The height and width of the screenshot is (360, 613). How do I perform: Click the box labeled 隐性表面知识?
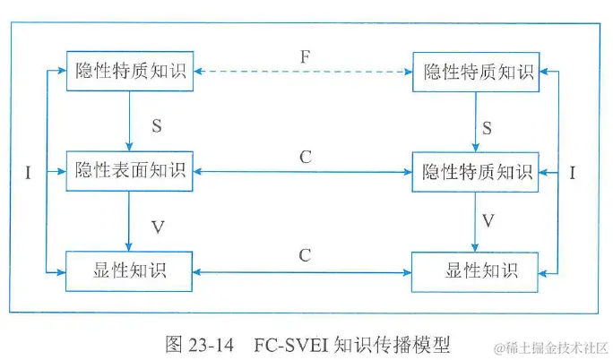[130, 171]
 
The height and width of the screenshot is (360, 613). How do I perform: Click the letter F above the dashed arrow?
[305, 58]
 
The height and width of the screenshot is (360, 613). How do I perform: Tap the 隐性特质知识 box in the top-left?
[130, 73]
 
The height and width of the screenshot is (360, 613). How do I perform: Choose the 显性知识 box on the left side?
[130, 269]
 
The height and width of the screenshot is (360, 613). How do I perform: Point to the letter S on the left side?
[156, 125]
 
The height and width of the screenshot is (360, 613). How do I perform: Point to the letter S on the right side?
[488, 128]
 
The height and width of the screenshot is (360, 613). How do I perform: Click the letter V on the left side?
[158, 227]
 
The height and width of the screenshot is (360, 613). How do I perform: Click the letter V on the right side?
[488, 220]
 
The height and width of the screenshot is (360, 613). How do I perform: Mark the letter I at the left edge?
[28, 173]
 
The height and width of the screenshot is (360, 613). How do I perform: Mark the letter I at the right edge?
[574, 173]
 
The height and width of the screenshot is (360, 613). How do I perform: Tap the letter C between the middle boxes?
[305, 158]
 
